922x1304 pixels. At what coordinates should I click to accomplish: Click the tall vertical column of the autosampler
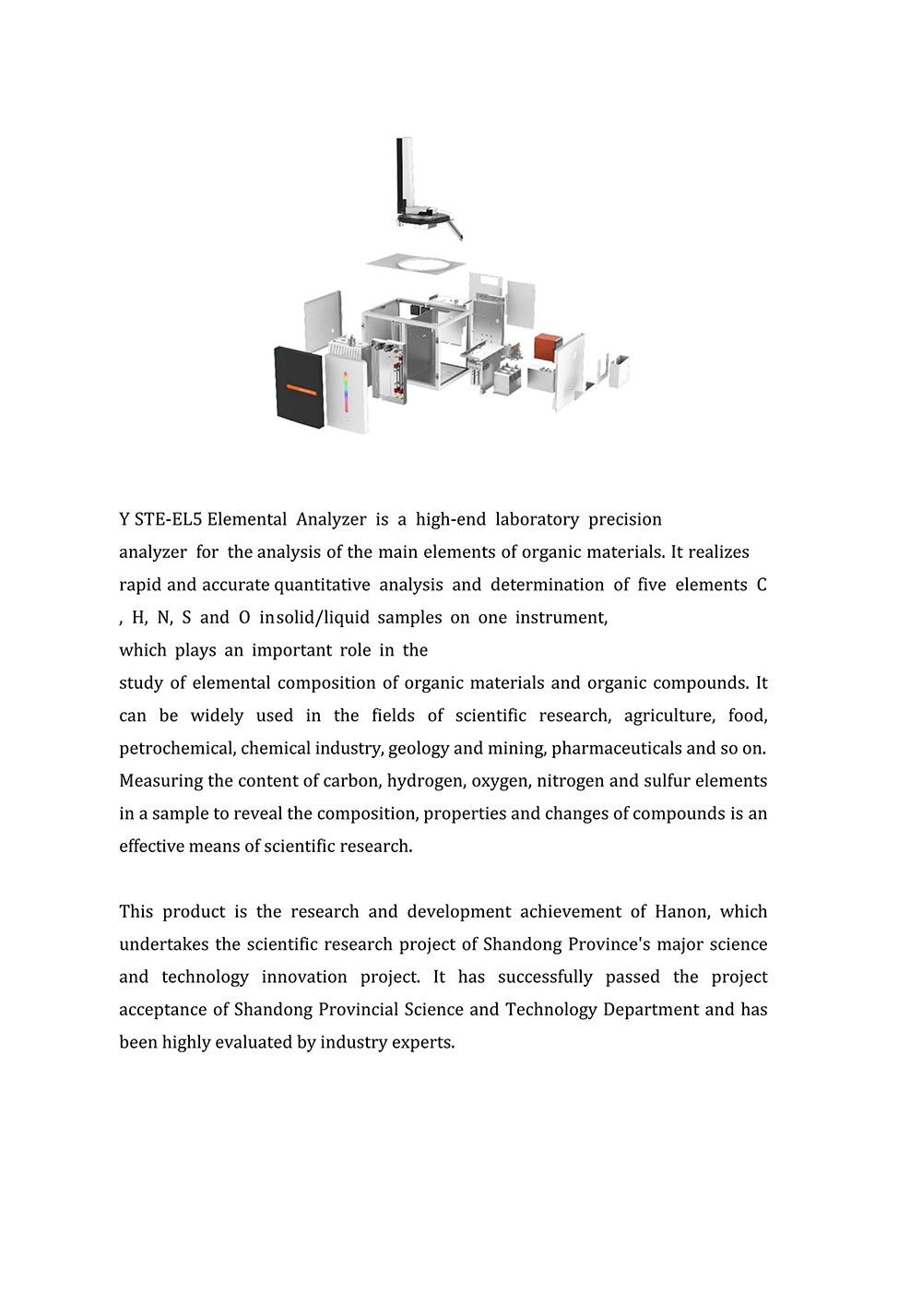(403, 175)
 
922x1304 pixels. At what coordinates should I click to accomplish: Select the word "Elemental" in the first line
(246, 519)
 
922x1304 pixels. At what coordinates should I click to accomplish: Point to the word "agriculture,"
(668, 716)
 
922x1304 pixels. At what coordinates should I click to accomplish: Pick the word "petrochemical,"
(177, 748)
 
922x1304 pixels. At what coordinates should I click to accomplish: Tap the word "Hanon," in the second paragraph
(682, 912)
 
